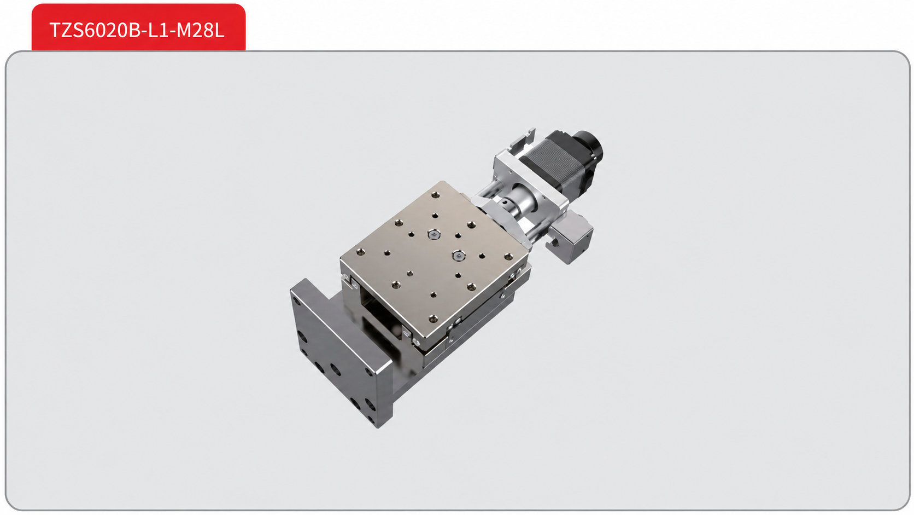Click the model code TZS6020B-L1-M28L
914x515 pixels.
pyautogui.click(x=137, y=30)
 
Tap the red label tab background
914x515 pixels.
pyautogui.click(x=138, y=27)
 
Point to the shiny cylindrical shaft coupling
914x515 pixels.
pyautogui.click(x=520, y=200)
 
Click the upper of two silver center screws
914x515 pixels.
pyautogui.click(x=434, y=234)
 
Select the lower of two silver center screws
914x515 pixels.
pyautogui.click(x=459, y=256)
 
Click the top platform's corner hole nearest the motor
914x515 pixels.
pyautogui.click(x=436, y=195)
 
